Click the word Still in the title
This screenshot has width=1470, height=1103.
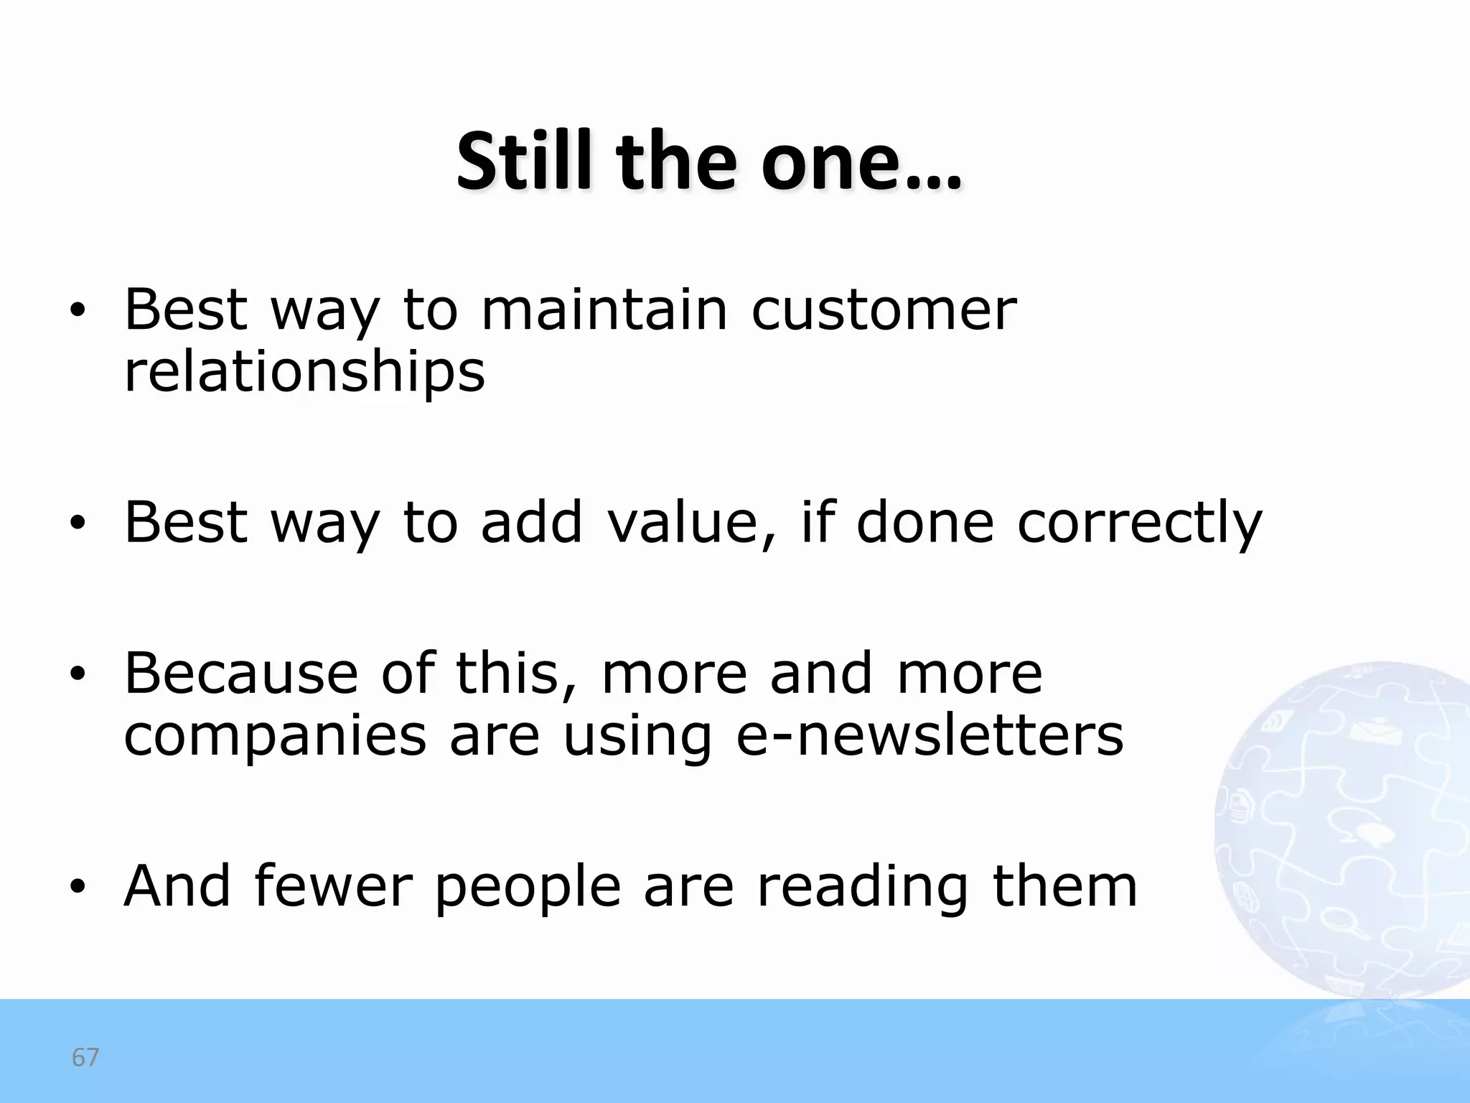524,162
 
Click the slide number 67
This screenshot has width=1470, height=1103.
85,1058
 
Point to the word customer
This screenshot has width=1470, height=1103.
884,311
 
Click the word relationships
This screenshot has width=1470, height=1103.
304,373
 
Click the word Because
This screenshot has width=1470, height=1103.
241,674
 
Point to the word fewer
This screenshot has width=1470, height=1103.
333,886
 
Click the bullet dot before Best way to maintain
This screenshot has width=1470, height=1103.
78,311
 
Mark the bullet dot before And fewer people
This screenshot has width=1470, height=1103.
78,888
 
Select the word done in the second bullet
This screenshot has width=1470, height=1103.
925,522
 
